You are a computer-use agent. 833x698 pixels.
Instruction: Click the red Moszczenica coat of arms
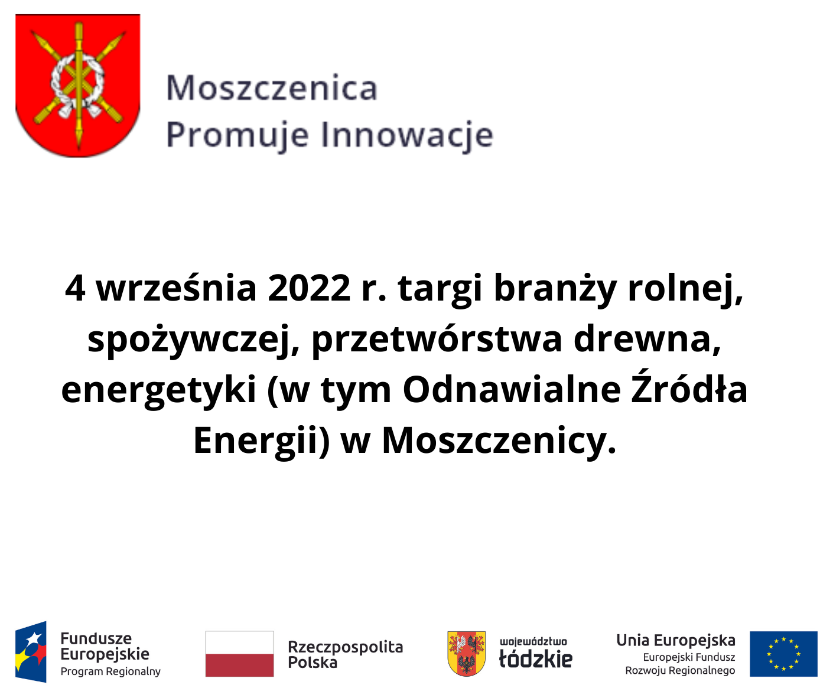(x=77, y=86)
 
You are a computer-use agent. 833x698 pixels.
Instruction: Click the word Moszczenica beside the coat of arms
(x=272, y=89)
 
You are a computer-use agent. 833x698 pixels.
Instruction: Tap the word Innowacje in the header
(x=407, y=135)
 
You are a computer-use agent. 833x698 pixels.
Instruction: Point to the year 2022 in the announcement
(x=309, y=288)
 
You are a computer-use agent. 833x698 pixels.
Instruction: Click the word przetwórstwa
(x=437, y=339)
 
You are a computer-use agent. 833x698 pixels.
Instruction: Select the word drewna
(x=647, y=339)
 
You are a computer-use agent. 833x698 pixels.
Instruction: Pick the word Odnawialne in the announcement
(x=512, y=390)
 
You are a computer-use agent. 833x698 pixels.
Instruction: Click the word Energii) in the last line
(x=261, y=441)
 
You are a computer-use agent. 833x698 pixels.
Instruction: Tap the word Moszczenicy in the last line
(x=499, y=441)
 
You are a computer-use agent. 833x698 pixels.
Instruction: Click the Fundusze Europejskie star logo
(x=31, y=652)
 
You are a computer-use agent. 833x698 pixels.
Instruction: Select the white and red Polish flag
(x=239, y=654)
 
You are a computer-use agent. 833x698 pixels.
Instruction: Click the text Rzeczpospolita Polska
(x=345, y=654)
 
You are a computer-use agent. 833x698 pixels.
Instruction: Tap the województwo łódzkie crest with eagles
(x=466, y=653)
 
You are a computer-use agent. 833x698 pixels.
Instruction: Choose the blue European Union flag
(x=783, y=654)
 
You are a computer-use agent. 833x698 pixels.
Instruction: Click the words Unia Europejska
(x=675, y=640)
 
